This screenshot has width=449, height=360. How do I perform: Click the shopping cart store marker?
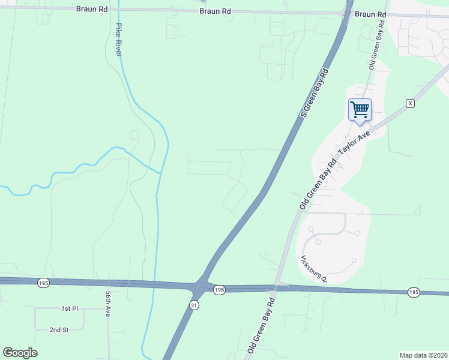(360, 110)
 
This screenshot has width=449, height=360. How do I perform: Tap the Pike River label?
(119, 40)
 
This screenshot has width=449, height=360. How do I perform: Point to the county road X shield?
(410, 103)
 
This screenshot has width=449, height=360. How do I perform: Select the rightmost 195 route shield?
(413, 292)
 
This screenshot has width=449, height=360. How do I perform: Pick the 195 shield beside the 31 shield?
(219, 290)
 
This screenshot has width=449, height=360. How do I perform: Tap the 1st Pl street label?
(70, 308)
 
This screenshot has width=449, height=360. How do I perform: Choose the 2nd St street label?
(59, 329)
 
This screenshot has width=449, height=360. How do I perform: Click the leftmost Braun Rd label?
(92, 9)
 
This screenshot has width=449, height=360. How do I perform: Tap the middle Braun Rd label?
(215, 11)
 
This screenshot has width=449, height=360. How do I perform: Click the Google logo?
(20, 353)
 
